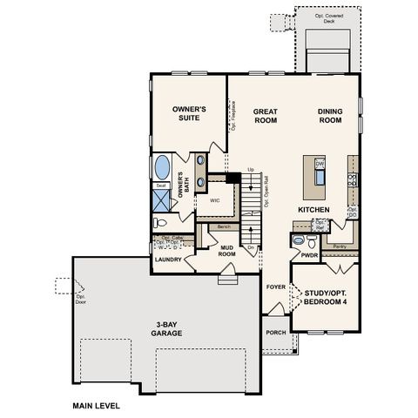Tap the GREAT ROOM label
(x=265, y=117)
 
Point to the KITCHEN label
(x=313, y=211)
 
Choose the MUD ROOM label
(x=228, y=250)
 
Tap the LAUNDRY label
(x=168, y=260)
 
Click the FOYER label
(x=276, y=285)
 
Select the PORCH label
(x=277, y=332)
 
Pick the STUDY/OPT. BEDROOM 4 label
(x=326, y=297)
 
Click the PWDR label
(x=308, y=256)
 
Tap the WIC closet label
(x=214, y=199)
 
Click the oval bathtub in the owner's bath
(x=163, y=167)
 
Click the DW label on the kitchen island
(x=320, y=163)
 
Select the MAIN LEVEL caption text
(x=96, y=405)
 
